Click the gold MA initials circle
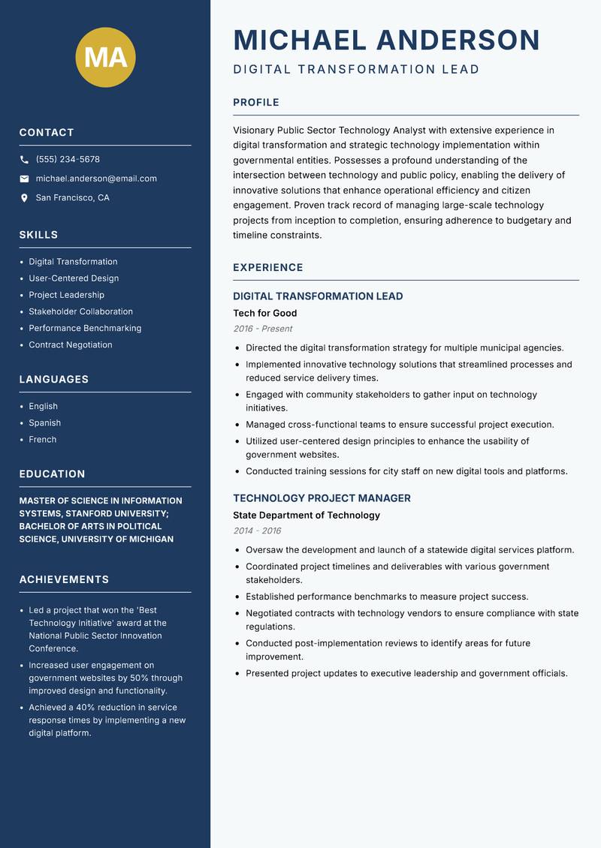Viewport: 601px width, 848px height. click(106, 57)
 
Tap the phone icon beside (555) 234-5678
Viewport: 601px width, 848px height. click(24, 160)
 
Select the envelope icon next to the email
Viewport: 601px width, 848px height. click(24, 179)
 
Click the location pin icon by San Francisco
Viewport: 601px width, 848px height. click(24, 198)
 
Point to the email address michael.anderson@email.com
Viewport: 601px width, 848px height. click(96, 179)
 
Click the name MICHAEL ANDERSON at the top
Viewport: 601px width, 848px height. click(386, 40)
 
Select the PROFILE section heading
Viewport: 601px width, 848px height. click(255, 102)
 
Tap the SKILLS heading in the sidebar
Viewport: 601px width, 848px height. click(38, 235)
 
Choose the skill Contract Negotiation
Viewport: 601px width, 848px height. click(71, 345)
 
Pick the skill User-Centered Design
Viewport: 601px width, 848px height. click(74, 278)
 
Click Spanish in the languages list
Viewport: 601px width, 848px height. click(44, 423)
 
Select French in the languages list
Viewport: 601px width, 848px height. click(42, 440)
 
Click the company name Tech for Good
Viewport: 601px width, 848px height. click(264, 313)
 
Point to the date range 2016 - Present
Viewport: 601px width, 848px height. click(262, 329)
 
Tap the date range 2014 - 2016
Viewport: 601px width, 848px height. click(257, 531)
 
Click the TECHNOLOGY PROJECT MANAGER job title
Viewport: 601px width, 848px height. click(322, 498)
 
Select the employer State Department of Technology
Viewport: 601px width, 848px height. click(307, 516)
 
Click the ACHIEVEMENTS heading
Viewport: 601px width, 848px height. click(64, 579)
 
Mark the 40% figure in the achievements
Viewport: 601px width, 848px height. click(84, 708)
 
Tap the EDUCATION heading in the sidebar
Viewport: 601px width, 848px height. click(52, 474)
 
